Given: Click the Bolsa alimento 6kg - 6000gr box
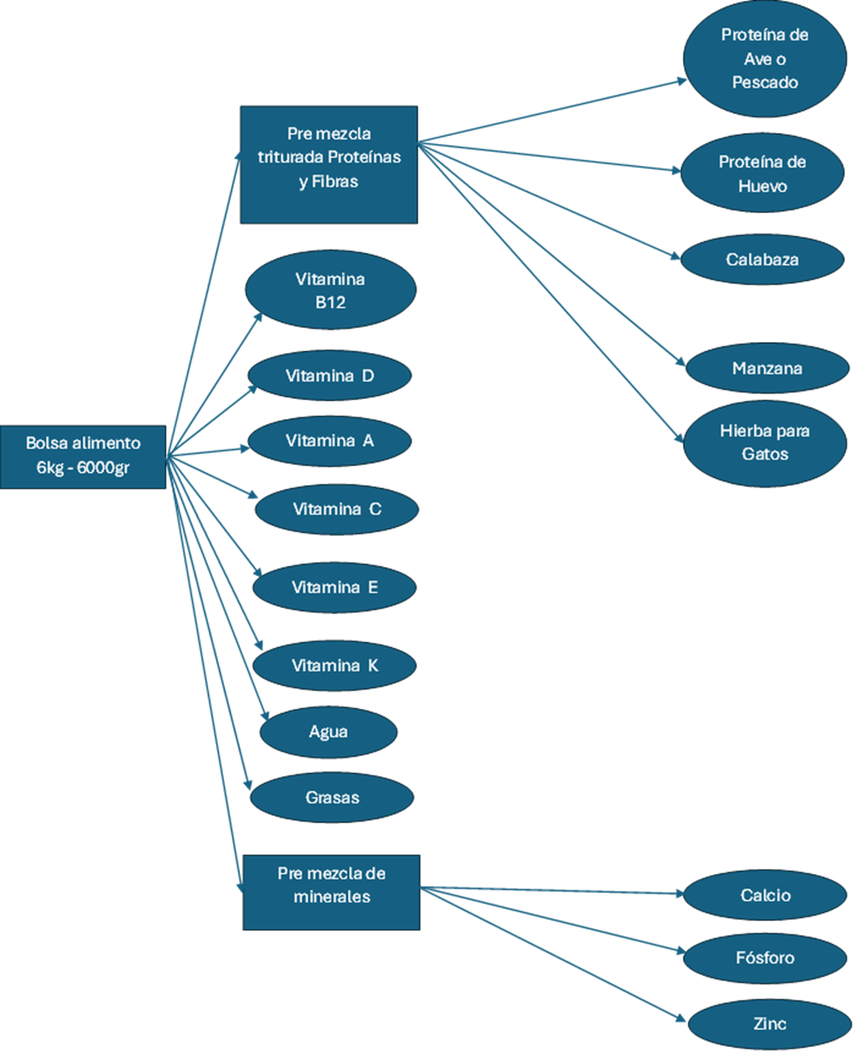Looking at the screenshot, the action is point(83,457).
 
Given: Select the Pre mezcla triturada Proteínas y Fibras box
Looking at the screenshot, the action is point(328,165).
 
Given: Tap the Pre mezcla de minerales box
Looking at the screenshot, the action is point(332,892).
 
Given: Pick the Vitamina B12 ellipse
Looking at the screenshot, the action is point(331,290).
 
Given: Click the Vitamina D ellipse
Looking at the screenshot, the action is point(330,376).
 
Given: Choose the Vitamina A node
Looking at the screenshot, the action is point(330,441).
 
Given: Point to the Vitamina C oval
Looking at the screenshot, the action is point(337,509).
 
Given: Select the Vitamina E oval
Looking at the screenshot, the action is point(334,588).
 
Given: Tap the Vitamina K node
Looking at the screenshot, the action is point(334,665).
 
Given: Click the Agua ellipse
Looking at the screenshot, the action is point(328,732).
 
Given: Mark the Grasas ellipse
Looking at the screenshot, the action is point(332,797).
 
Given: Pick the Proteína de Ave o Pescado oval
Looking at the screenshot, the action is point(765,59).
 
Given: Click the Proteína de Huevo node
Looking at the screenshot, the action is point(763,173).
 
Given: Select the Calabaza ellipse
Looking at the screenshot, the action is point(763,259).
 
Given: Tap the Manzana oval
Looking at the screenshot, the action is point(767,369).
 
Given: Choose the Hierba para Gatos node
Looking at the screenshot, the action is point(765,444).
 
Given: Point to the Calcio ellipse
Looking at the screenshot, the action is point(765,894).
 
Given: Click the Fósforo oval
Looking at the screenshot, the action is point(765,959).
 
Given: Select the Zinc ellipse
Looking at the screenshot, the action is point(770,1023).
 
